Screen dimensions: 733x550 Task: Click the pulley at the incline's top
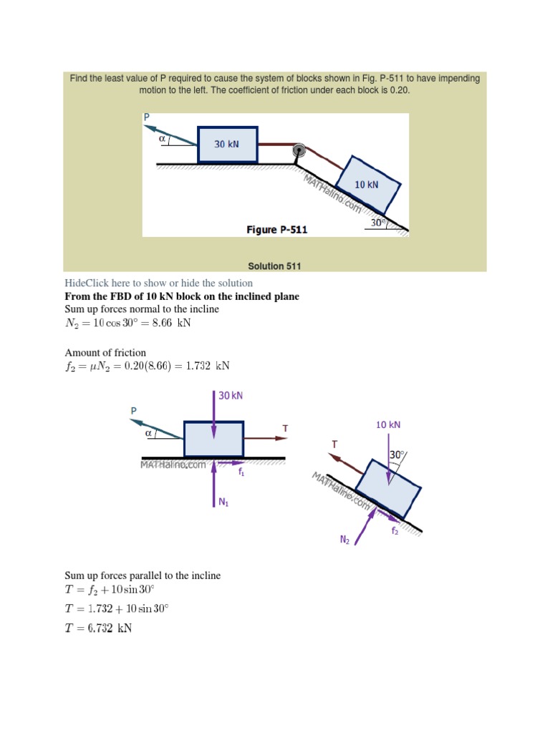coord(299,151)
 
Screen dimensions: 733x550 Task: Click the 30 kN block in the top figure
coord(227,144)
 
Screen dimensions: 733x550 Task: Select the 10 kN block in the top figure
coord(367,184)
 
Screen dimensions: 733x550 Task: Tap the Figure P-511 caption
coord(276,230)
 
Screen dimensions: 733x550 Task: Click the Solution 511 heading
coord(274,266)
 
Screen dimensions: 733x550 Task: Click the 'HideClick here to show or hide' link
coord(158,283)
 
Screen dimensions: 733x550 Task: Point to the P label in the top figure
coord(147,117)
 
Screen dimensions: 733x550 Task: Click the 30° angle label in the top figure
coord(378,223)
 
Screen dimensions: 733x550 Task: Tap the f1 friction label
coord(241,472)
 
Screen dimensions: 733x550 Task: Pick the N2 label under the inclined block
coord(344,540)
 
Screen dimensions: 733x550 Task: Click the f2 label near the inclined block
coord(395,531)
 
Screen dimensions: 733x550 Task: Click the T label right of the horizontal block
coord(285,428)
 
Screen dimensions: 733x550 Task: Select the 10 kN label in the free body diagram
coord(388,424)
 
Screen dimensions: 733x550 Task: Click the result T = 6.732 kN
coord(98,629)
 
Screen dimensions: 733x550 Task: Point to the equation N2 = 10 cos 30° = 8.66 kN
coord(128,323)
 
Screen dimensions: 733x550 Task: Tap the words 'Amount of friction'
coord(105,352)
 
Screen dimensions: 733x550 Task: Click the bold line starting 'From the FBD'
coord(182,296)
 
